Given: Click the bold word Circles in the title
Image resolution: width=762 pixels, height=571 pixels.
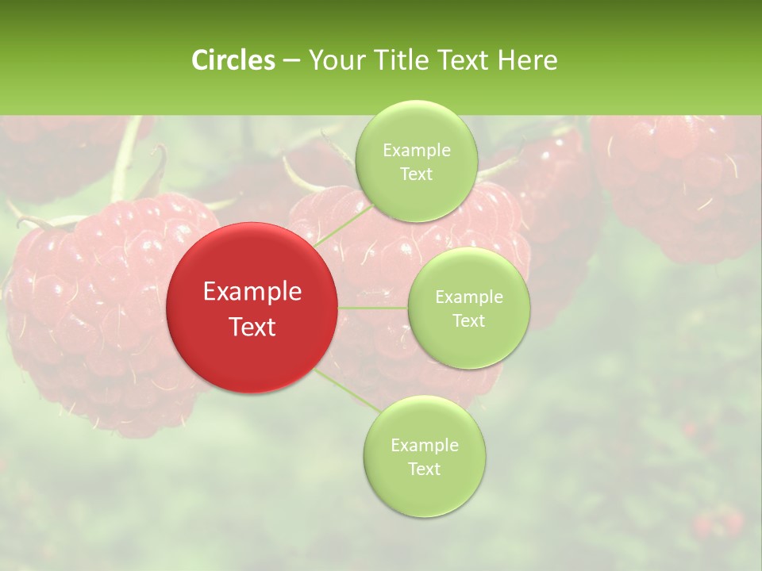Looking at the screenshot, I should (x=233, y=60).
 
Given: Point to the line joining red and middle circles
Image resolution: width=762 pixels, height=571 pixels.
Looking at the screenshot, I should (x=372, y=308).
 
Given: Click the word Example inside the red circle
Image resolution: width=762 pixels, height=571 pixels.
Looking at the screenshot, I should (x=252, y=292).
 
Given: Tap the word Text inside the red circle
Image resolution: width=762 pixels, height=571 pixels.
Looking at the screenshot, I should (x=252, y=327).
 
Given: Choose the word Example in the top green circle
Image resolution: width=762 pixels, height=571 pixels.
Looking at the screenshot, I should (x=416, y=151).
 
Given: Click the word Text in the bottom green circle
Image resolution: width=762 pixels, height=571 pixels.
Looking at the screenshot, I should (x=424, y=469).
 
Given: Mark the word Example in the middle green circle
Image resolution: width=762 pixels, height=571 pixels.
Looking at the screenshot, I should (x=468, y=297).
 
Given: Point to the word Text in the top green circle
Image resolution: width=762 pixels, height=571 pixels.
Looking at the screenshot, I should (x=416, y=174).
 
